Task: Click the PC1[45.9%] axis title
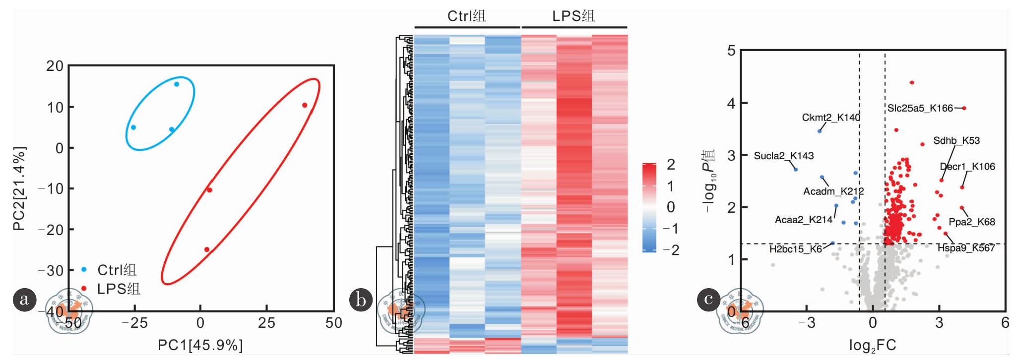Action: pyautogui.click(x=200, y=345)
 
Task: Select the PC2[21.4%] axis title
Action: pyautogui.click(x=19, y=188)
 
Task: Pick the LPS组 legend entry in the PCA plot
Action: pyautogui.click(x=118, y=289)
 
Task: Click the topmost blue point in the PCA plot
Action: pyautogui.click(x=177, y=84)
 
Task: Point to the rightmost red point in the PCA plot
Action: pyautogui.click(x=305, y=105)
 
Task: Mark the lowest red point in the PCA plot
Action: pyautogui.click(x=207, y=249)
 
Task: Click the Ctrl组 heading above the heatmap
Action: pyautogui.click(x=466, y=16)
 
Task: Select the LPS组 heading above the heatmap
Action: pyautogui.click(x=573, y=16)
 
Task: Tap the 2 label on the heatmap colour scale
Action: pyautogui.click(x=671, y=165)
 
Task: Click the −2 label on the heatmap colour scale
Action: pyautogui.click(x=671, y=250)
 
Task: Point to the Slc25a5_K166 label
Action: pyautogui.click(x=920, y=108)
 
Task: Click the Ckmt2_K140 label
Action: pyautogui.click(x=831, y=118)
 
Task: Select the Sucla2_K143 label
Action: pyautogui.click(x=784, y=156)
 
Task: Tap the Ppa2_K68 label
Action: pyautogui.click(x=972, y=222)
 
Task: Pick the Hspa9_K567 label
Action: pyautogui.click(x=966, y=248)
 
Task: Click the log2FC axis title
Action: pyautogui.click(x=873, y=345)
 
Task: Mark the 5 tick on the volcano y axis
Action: pyautogui.click(x=731, y=51)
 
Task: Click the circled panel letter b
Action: pyautogui.click(x=361, y=300)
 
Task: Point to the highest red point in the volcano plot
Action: pyautogui.click(x=912, y=82)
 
